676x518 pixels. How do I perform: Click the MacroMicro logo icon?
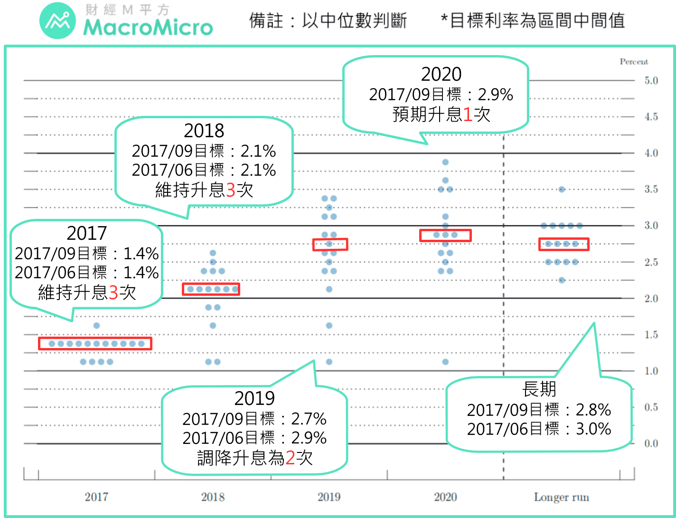tap(57, 21)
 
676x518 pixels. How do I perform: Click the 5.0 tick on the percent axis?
tap(651, 80)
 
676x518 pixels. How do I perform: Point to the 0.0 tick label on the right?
tap(651, 443)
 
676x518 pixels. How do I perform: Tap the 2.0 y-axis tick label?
tap(651, 298)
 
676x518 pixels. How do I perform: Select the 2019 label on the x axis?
tap(329, 497)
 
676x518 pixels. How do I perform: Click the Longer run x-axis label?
tap(561, 497)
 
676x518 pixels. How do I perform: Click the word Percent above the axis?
tap(633, 62)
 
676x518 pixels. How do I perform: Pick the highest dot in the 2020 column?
tap(445, 162)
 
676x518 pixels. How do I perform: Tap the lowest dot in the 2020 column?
tap(445, 362)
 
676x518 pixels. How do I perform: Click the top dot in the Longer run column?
tap(562, 189)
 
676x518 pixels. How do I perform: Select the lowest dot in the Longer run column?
tap(562, 280)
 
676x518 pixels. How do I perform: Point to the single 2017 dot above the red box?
tap(96, 326)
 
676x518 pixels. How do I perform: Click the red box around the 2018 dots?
tap(211, 289)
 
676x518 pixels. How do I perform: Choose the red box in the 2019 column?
tap(330, 244)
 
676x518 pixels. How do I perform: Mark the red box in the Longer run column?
tap(563, 244)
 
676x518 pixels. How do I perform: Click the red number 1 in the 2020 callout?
tap(467, 114)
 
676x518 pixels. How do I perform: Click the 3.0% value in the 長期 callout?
tap(593, 429)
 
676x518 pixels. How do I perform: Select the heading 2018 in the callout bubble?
tap(204, 131)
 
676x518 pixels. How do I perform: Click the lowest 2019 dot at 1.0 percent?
tap(329, 362)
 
